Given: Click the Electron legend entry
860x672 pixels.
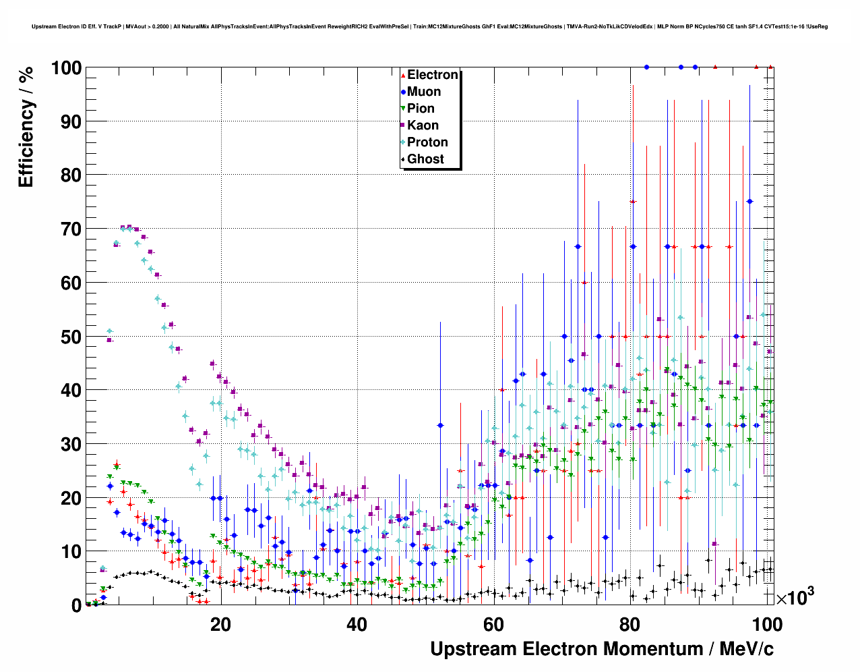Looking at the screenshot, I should click(x=432, y=75).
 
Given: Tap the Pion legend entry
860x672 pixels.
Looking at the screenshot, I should click(x=421, y=109).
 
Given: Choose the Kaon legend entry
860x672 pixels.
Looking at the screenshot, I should click(x=423, y=125).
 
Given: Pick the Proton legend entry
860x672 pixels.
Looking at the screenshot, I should click(x=427, y=142).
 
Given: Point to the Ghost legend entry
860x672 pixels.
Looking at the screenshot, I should click(x=425, y=159).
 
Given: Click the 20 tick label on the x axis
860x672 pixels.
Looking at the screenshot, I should click(x=220, y=624).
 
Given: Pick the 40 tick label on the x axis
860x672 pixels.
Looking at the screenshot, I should click(x=357, y=624).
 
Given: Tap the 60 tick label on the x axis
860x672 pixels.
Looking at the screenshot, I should click(x=493, y=624).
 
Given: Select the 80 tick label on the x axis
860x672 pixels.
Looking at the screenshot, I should click(x=629, y=624).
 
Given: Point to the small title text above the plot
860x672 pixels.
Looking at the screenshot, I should click(x=429, y=27).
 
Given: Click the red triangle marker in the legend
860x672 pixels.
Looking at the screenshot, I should click(x=403, y=75).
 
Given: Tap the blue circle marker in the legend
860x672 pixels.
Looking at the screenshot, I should click(x=403, y=92).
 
